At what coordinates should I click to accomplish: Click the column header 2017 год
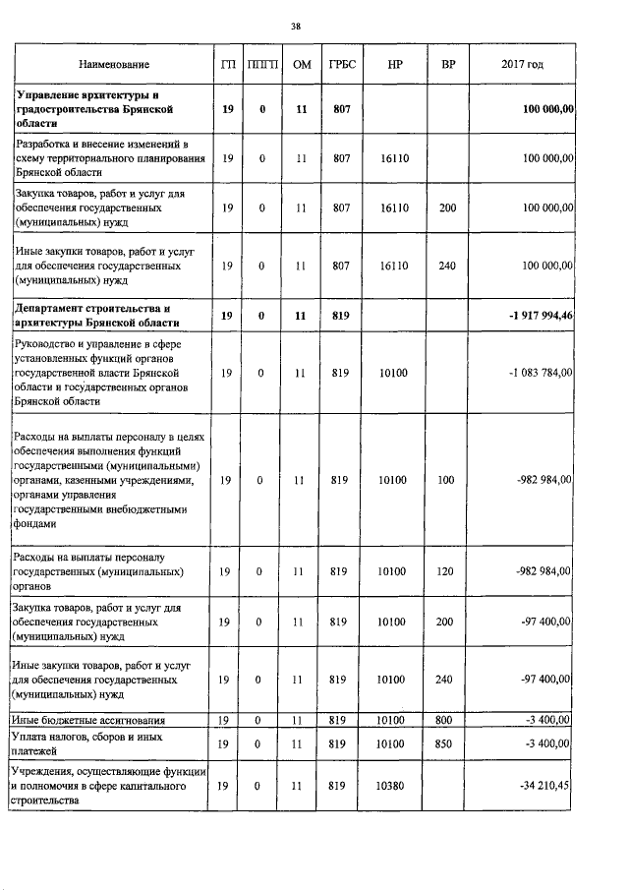pyautogui.click(x=522, y=65)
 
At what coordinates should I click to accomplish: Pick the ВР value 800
pyautogui.click(x=448, y=721)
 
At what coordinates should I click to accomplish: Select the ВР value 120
pyautogui.click(x=448, y=570)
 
